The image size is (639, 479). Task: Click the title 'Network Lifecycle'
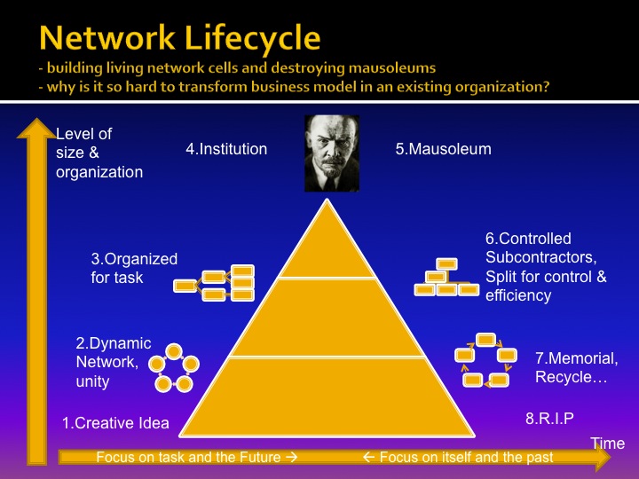coord(179,38)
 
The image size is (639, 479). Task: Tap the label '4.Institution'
coord(226,149)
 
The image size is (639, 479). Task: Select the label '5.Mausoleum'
coord(444,149)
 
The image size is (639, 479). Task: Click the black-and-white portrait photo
coord(332,153)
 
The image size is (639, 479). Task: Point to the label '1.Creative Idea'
coord(115,423)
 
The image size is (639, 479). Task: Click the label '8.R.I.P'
coord(549,419)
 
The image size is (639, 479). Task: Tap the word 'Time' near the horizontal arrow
coord(608,444)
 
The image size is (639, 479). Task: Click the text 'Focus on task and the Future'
coord(188,457)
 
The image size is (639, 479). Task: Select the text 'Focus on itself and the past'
coord(466,457)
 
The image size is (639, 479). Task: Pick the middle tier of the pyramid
coord(327,318)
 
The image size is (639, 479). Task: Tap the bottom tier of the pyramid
coord(327,397)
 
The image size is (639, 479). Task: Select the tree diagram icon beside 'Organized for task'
coord(214,284)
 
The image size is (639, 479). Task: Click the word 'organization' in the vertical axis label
coord(99,172)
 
